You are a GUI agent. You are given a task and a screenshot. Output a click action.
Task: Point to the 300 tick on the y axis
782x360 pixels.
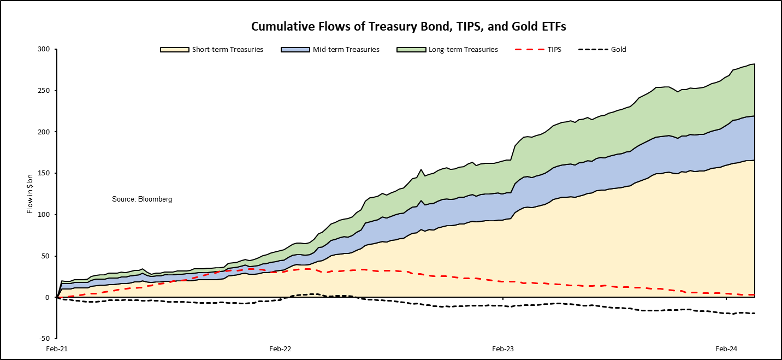click(x=44, y=49)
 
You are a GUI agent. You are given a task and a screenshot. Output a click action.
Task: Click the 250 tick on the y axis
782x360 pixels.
click(x=44, y=91)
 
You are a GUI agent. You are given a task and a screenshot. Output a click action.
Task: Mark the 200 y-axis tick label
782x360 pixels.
click(x=44, y=132)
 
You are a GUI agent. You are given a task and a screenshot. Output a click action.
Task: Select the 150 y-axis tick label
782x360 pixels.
click(x=44, y=173)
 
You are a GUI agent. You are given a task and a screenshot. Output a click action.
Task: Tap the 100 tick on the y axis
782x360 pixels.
click(x=44, y=215)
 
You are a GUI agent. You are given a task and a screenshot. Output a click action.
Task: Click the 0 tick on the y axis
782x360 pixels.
click(x=48, y=297)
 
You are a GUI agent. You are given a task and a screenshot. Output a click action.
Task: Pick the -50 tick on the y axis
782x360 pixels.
click(x=45, y=339)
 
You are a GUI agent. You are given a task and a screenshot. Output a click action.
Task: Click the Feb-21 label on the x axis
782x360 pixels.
click(x=57, y=349)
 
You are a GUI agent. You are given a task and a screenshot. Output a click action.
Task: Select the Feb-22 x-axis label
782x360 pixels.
click(x=280, y=349)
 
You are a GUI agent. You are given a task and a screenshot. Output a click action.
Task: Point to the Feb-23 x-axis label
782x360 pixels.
click(x=502, y=349)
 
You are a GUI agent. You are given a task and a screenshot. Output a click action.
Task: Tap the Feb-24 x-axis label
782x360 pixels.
click(x=726, y=349)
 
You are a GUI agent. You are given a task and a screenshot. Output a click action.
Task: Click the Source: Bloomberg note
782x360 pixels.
click(x=142, y=199)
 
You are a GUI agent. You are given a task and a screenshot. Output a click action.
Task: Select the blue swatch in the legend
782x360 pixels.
click(x=289, y=49)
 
